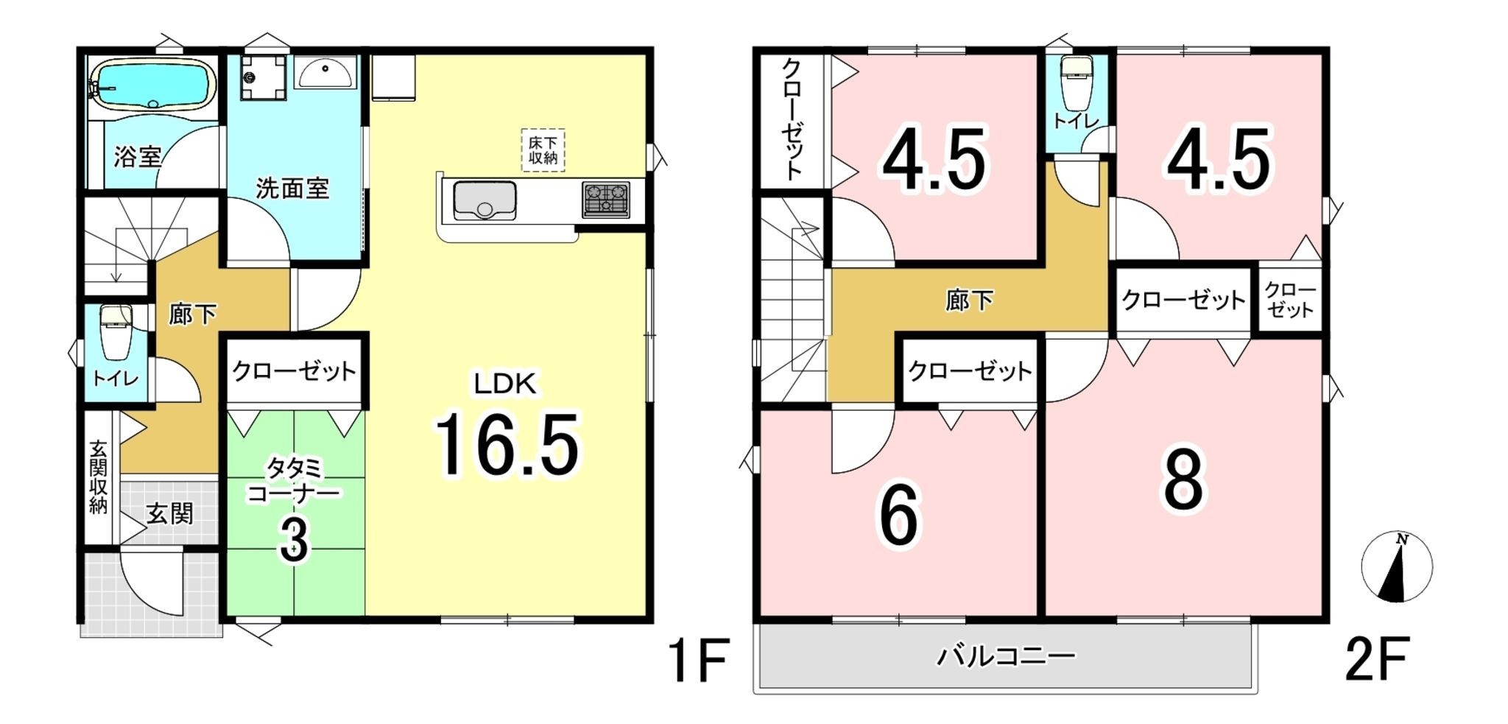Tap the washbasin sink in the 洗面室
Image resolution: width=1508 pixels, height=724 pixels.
[325, 73]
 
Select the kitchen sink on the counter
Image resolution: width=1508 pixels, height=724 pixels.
[484, 200]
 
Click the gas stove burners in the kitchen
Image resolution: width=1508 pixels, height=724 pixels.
[606, 200]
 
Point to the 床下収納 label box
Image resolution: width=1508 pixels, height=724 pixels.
[543, 150]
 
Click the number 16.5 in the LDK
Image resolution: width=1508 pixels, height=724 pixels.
[507, 444]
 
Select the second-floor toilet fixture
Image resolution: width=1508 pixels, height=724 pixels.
[1076, 81]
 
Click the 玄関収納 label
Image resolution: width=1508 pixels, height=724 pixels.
[98, 477]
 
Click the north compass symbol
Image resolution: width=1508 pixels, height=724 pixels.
[1396, 566]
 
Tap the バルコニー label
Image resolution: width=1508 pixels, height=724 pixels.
[1006, 655]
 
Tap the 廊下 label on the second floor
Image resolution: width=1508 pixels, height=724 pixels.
[969, 300]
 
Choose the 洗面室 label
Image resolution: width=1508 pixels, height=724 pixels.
[292, 189]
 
